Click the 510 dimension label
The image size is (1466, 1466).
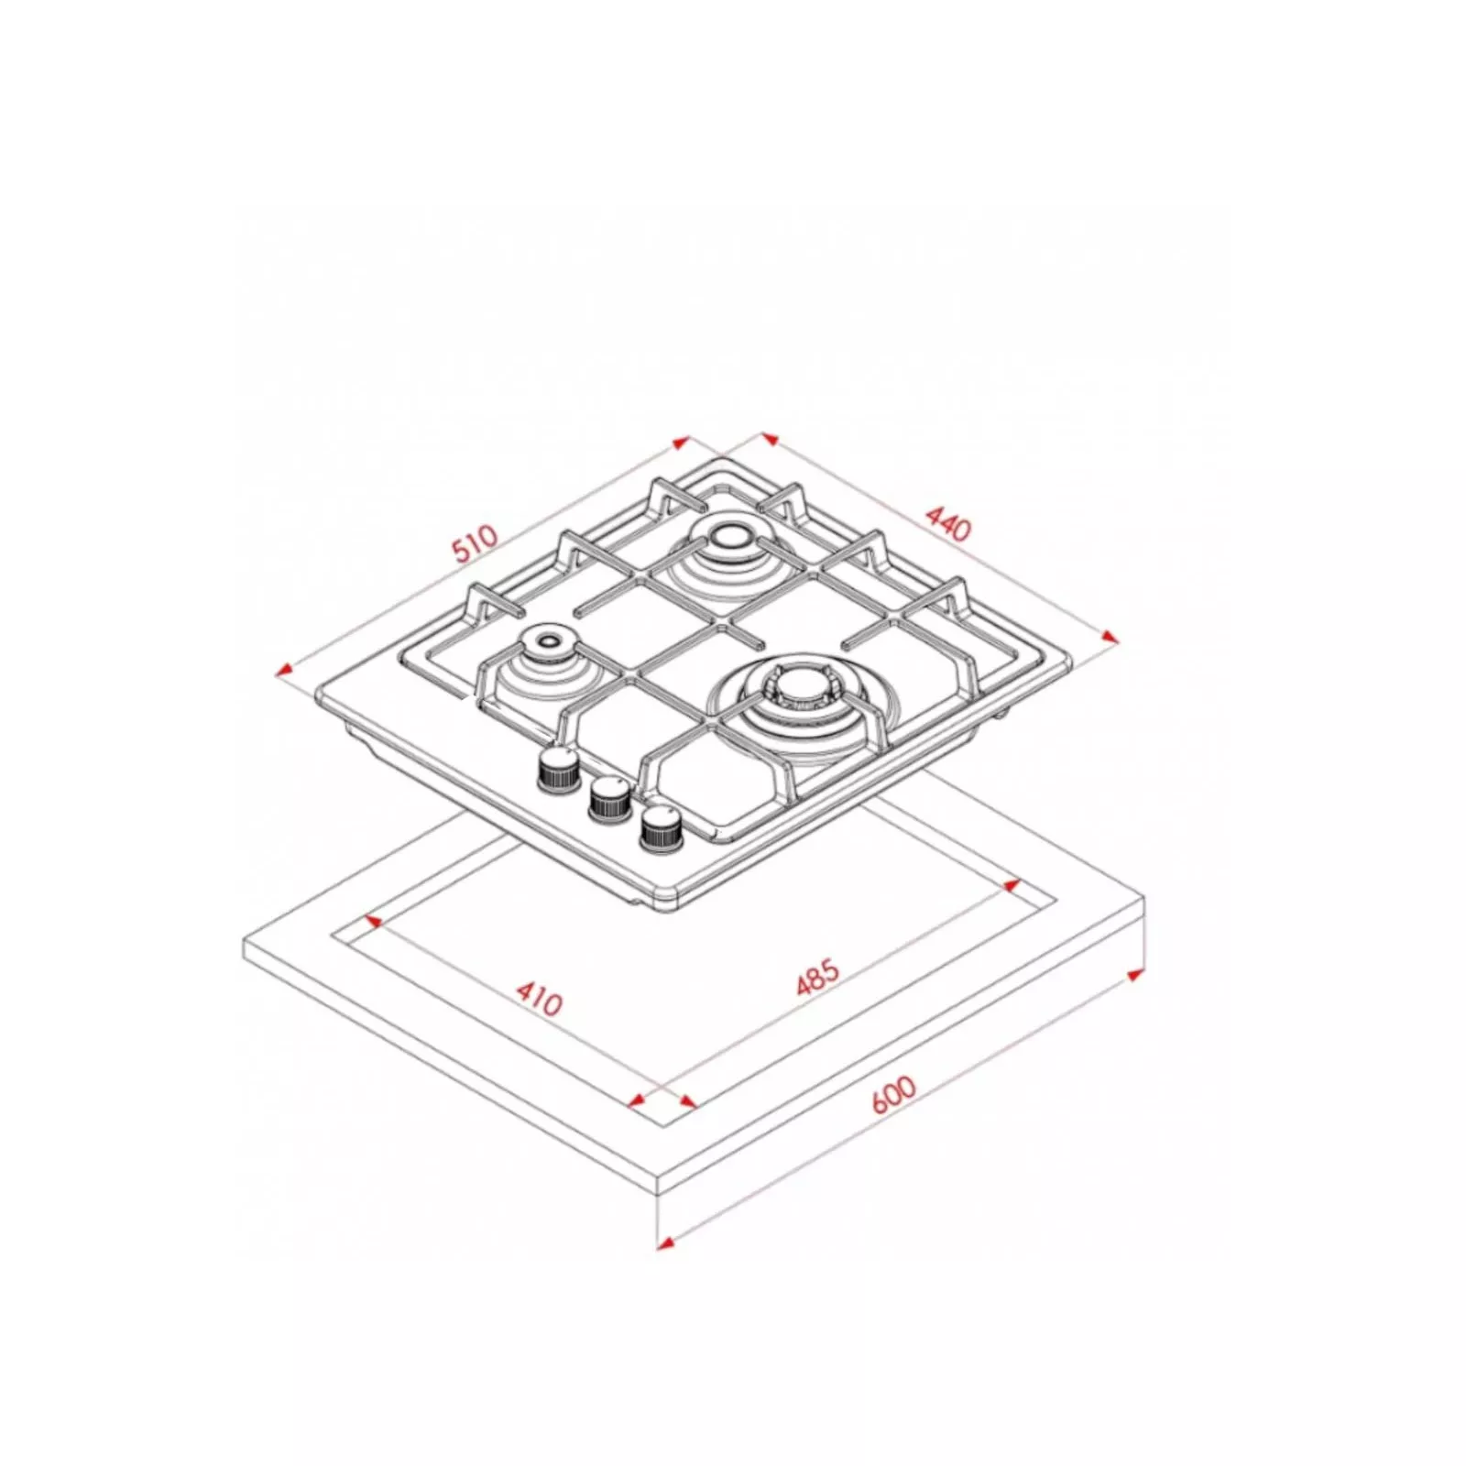(x=476, y=542)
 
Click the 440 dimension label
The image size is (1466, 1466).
(x=948, y=522)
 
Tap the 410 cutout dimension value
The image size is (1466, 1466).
(x=539, y=999)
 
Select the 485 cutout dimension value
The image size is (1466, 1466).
(x=817, y=977)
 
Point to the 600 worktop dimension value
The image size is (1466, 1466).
(x=893, y=1094)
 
